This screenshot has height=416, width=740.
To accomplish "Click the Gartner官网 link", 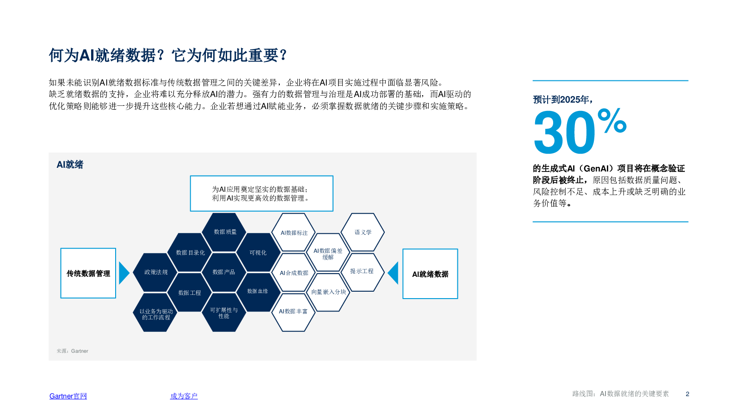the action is [68, 396].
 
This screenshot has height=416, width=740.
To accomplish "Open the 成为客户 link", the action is [184, 396].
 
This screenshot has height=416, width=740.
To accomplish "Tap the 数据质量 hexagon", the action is [225, 232].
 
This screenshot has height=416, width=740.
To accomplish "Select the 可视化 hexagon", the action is [258, 252].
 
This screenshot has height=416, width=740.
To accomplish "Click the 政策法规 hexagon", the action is [155, 272].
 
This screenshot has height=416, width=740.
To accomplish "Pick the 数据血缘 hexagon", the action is [258, 292].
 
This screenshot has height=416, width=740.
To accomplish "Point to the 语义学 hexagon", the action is [363, 232].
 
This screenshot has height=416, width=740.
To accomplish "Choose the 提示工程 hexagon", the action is [362, 271].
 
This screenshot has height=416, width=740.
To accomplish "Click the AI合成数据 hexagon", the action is [294, 273].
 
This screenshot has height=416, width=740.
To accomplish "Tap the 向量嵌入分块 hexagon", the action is [328, 292].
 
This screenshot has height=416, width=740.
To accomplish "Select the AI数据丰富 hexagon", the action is [293, 312].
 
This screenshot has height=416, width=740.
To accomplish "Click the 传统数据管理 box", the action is [88, 273].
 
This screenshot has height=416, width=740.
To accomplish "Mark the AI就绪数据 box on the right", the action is [430, 274].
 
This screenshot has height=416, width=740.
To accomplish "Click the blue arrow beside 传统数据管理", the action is [123, 273].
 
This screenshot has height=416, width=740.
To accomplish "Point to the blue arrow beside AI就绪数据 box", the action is [393, 273].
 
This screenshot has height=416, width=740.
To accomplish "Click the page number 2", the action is [687, 394].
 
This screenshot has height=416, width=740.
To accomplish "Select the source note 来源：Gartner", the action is [72, 351].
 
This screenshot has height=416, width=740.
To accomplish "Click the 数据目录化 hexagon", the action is [190, 252].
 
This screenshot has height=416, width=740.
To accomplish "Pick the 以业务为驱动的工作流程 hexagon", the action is [155, 312].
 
